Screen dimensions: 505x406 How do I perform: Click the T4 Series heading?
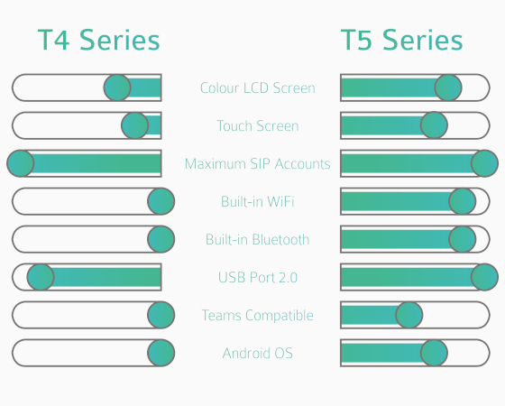[x=99, y=40]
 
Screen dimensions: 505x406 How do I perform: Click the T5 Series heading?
[x=402, y=40]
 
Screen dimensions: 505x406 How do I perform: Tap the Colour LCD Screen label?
[x=258, y=88]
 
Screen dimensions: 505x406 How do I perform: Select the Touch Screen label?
[x=258, y=125]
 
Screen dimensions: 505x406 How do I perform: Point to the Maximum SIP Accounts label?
[x=258, y=163]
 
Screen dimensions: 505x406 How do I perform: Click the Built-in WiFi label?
[x=258, y=201]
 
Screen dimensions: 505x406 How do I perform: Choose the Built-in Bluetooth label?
[x=258, y=239]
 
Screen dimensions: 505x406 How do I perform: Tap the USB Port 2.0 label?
[x=258, y=277]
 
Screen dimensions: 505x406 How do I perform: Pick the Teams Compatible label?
[x=258, y=315]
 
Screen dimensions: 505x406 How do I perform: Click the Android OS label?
[x=258, y=353]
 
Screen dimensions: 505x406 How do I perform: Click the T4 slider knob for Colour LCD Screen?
[x=117, y=88]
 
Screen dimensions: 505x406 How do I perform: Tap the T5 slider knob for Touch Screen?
[x=434, y=125]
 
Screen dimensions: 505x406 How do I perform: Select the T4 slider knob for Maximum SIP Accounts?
[x=21, y=163]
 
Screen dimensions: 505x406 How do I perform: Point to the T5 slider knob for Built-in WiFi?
[x=463, y=201]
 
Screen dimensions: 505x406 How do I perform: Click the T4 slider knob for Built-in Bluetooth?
[x=161, y=239]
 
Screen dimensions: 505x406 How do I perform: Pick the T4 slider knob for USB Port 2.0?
[x=41, y=277]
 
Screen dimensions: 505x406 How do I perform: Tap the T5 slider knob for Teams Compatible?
[x=409, y=315]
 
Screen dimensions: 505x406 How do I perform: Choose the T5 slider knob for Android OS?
[x=434, y=353]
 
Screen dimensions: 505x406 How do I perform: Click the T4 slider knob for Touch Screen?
[x=135, y=125]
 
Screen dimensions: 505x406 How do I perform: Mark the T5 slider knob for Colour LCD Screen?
[x=448, y=88]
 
